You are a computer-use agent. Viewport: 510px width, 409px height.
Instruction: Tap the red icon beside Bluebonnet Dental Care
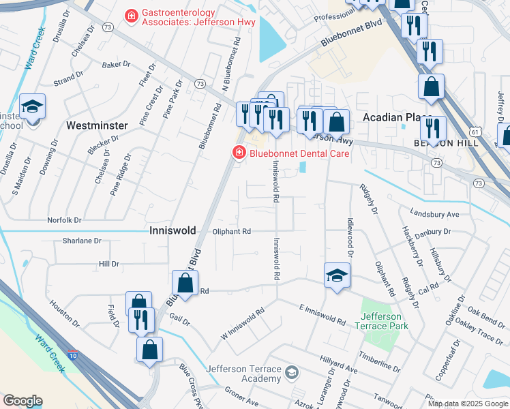point(239,153)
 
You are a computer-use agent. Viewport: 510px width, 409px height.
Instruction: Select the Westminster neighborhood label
point(97,126)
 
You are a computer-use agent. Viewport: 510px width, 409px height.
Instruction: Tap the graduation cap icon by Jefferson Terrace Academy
point(292,372)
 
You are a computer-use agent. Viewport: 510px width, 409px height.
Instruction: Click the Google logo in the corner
point(23,401)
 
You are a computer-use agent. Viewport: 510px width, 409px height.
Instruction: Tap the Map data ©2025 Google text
point(467,404)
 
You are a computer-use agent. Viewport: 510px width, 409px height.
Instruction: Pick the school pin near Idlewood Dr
point(336,276)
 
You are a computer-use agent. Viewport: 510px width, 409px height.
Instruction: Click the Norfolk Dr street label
point(64,220)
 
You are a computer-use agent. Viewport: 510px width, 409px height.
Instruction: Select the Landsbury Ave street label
point(434,214)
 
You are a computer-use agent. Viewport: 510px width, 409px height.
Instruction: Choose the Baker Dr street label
point(116,65)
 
